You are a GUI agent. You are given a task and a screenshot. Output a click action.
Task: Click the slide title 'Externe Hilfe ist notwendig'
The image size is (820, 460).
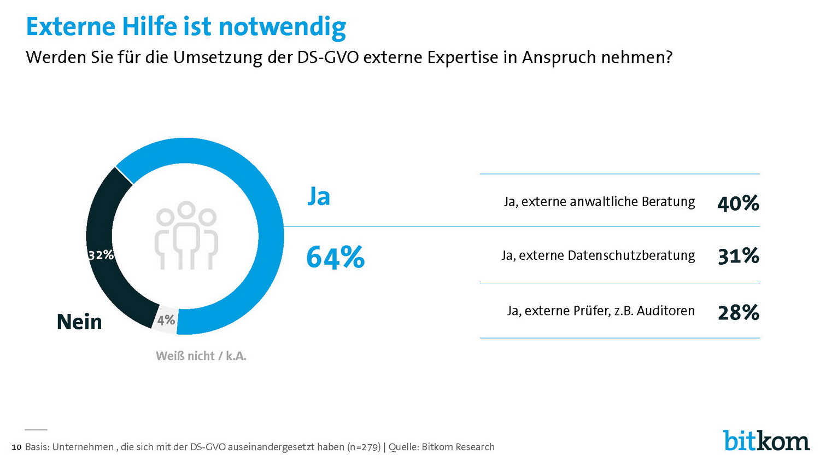click(186, 26)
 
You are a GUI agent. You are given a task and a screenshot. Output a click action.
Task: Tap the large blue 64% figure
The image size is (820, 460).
click(335, 257)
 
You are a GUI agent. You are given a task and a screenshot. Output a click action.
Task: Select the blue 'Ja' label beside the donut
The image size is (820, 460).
click(319, 196)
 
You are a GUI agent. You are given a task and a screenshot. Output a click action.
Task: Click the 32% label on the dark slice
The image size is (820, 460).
click(101, 255)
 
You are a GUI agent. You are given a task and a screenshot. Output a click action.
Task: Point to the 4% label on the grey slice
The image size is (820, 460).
click(166, 320)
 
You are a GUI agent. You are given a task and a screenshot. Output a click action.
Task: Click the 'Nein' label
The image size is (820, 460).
click(79, 322)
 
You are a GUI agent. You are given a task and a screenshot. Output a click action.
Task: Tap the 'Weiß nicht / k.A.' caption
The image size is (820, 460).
click(201, 356)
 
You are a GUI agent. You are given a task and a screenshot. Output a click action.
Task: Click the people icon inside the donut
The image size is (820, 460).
click(186, 235)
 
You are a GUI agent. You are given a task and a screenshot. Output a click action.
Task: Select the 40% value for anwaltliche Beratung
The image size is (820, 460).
click(738, 203)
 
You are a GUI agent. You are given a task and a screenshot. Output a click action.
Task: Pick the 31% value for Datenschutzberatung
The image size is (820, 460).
click(738, 256)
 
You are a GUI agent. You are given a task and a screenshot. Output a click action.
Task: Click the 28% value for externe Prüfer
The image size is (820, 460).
click(738, 312)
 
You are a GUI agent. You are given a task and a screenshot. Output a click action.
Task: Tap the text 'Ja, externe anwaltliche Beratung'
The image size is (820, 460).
click(599, 202)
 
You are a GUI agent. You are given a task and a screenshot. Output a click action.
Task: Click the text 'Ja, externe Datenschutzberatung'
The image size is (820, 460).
click(598, 255)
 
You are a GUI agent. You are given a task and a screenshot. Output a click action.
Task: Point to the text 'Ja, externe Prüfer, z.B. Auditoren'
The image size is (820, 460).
click(601, 311)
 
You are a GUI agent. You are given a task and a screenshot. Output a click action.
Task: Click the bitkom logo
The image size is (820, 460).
click(766, 440)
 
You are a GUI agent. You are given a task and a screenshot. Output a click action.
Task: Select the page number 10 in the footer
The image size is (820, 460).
click(16, 447)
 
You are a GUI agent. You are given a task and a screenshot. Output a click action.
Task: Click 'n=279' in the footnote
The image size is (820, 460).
click(364, 447)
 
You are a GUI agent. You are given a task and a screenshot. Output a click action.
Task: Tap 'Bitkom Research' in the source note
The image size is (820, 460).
click(458, 447)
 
